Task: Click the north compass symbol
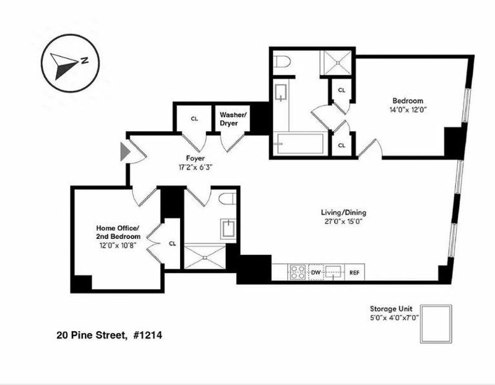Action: (70, 63)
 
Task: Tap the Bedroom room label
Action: (408, 101)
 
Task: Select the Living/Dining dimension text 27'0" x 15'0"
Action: (343, 221)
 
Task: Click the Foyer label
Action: (195, 158)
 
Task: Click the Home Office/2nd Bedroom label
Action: (118, 232)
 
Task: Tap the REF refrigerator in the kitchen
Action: (355, 272)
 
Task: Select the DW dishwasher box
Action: (316, 272)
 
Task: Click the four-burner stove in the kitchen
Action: (298, 272)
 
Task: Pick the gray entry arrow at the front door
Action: (125, 152)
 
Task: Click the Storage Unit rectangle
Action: (436, 324)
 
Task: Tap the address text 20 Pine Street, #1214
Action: (110, 335)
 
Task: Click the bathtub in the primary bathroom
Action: (300, 144)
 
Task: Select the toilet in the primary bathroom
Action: (283, 61)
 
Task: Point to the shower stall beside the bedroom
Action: (336, 63)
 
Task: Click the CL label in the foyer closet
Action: (194, 119)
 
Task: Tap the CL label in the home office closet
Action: (172, 243)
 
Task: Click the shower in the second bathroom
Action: (205, 256)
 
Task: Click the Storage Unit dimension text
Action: (394, 318)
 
